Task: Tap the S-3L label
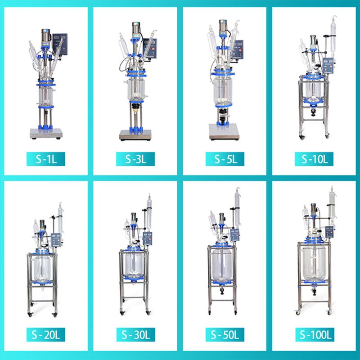coord(135,159)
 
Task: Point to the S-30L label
coord(135,335)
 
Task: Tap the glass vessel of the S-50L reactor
coord(223,265)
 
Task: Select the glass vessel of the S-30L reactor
coord(134,265)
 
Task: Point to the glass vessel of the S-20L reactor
coord(44,268)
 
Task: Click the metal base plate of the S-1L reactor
coord(45,133)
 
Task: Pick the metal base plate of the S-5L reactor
coord(224,131)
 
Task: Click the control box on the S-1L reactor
coord(59,43)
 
